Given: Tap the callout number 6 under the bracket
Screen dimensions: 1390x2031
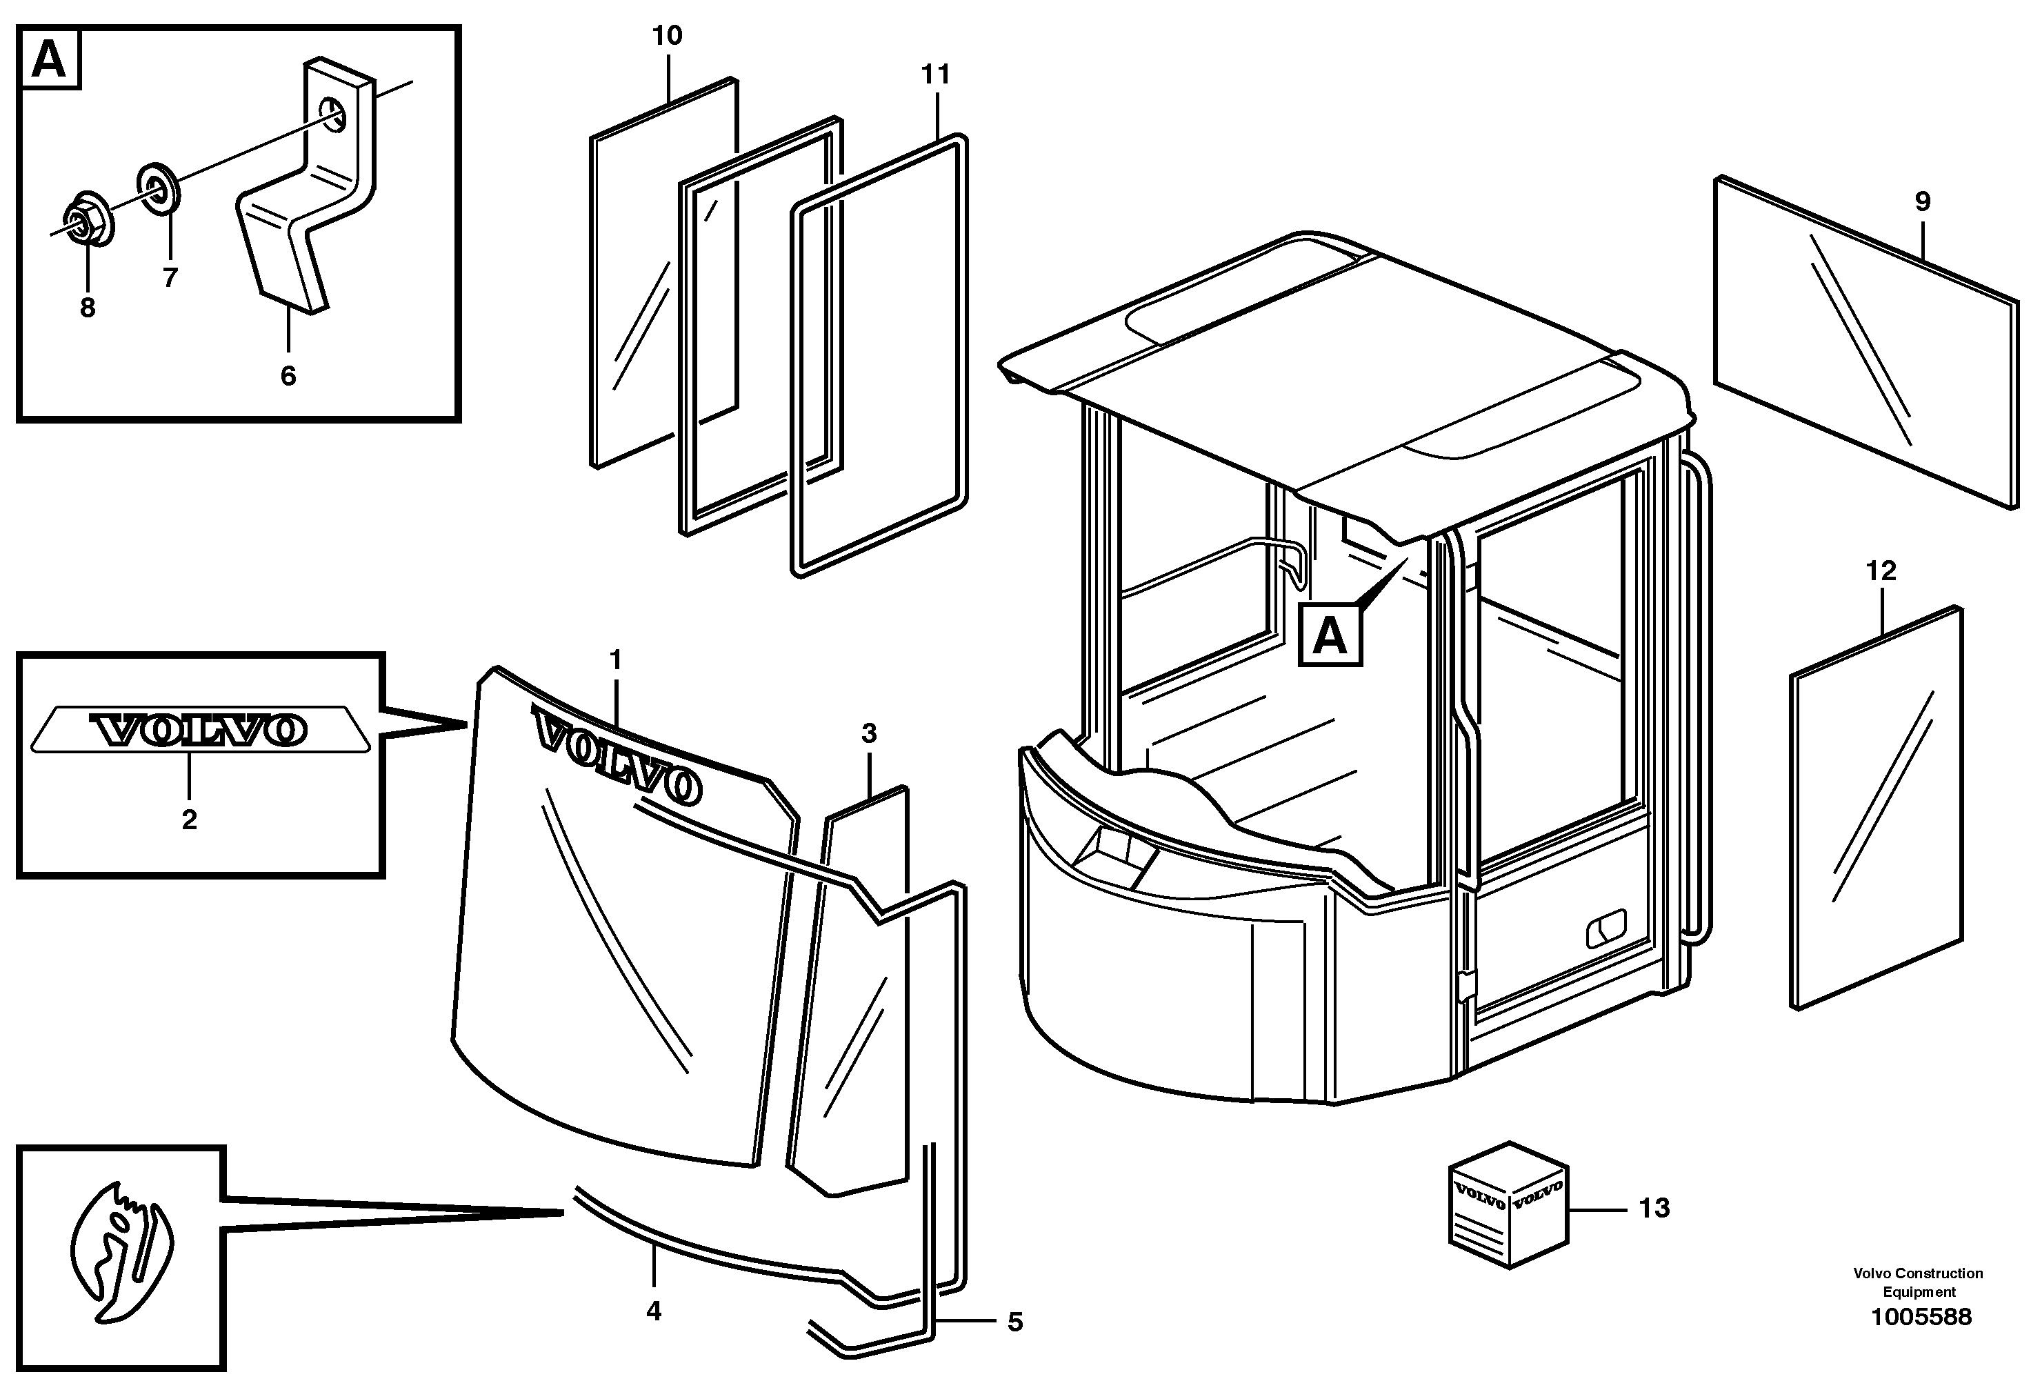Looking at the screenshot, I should (288, 376).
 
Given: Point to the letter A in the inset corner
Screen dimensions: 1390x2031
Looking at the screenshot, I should (49, 59).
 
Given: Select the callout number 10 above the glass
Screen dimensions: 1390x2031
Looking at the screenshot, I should (667, 36).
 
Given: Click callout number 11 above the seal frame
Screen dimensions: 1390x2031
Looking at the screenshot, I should (935, 75).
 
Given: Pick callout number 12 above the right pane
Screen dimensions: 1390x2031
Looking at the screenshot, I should (1881, 571).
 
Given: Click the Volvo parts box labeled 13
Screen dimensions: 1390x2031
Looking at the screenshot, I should (1508, 1204).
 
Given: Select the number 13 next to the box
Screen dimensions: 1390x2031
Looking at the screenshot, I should (1654, 1208).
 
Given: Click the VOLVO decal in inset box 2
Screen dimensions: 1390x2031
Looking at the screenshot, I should (200, 729).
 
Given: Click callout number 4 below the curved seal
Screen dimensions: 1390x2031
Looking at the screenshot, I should (653, 1311).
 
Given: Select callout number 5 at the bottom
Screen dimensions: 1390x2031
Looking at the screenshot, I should (1014, 1322).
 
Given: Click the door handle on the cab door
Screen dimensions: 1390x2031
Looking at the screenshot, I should (1606, 928).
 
